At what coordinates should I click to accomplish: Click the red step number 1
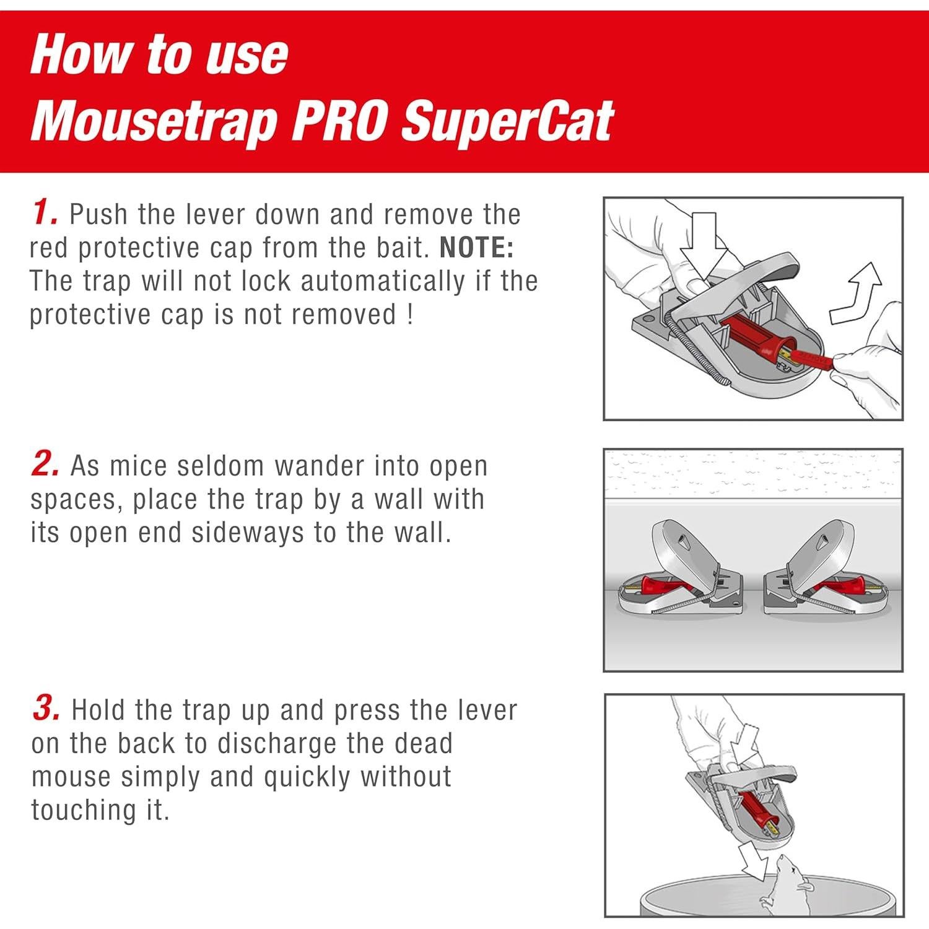pyautogui.click(x=44, y=212)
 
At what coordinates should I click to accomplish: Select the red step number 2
pyautogui.click(x=45, y=464)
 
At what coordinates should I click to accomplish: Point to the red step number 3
pyautogui.click(x=45, y=708)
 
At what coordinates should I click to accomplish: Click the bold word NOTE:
pyautogui.click(x=476, y=248)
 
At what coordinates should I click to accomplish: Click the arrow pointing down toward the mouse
pyautogui.click(x=754, y=864)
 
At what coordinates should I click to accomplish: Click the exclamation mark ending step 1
pyautogui.click(x=409, y=315)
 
